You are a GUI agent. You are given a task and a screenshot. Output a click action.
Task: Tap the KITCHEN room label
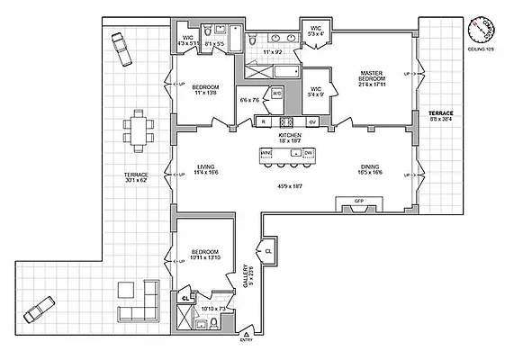pos(288,136)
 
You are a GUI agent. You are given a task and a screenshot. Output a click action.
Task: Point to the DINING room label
pos(369,166)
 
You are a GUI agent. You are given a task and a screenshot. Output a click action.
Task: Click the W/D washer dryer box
pos(275,94)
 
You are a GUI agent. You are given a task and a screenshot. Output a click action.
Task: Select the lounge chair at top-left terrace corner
pos(118,44)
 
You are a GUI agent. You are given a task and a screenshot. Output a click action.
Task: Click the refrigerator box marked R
pos(263,121)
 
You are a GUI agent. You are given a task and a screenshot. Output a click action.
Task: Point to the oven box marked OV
pos(312,121)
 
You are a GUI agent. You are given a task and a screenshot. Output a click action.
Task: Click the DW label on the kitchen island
pos(307,154)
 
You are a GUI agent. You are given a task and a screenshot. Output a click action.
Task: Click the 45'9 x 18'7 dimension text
pos(291,186)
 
